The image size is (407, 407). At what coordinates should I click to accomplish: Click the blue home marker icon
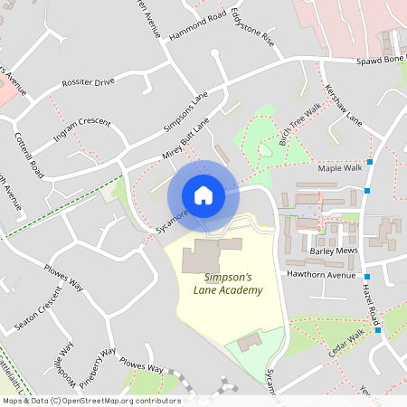[203, 194]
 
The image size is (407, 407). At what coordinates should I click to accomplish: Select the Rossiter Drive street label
[88, 82]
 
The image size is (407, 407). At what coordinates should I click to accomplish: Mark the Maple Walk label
[339, 168]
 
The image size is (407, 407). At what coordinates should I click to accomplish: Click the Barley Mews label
[335, 251]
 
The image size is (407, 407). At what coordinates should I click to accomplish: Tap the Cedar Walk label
[345, 343]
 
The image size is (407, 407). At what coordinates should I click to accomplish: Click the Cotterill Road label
[29, 155]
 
